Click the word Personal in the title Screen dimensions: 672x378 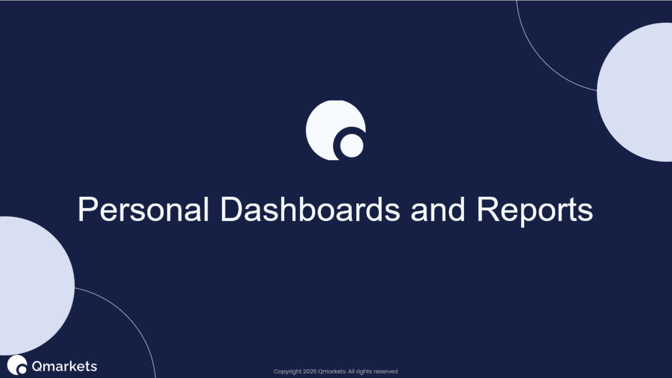click(143, 209)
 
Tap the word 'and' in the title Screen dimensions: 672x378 click(438, 209)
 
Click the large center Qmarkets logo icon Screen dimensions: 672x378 click(336, 130)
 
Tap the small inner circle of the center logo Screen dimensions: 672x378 click(352, 146)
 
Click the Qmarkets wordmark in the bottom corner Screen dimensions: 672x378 click(64, 366)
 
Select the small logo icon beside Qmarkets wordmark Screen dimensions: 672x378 click(17, 365)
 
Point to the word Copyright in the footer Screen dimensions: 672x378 click(288, 372)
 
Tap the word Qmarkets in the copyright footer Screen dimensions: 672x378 click(332, 372)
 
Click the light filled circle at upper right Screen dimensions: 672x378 click(635, 92)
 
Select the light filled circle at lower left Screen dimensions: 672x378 click(37, 286)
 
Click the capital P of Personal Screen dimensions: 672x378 click(86, 209)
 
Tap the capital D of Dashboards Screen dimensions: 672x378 click(231, 209)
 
